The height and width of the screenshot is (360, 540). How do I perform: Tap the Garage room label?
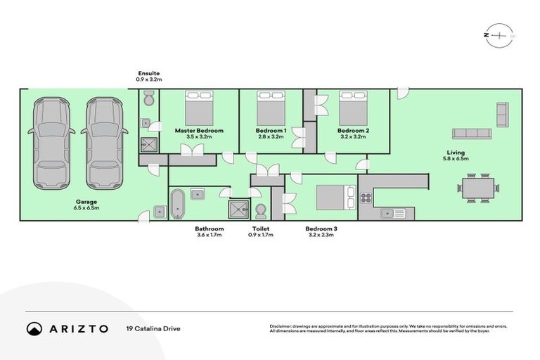pos(87,201)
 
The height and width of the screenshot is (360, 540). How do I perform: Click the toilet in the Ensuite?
pos(147,103)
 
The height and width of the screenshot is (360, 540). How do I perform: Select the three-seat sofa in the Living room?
pos(471,134)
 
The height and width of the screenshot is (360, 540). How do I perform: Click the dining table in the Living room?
pos(478,188)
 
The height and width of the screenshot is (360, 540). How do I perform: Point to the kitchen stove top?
pos(366,198)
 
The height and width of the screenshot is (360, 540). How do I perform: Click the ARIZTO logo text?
pos(79,328)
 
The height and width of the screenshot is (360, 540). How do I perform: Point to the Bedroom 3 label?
pos(321,229)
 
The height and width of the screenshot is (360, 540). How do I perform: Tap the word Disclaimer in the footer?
pos(281,326)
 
